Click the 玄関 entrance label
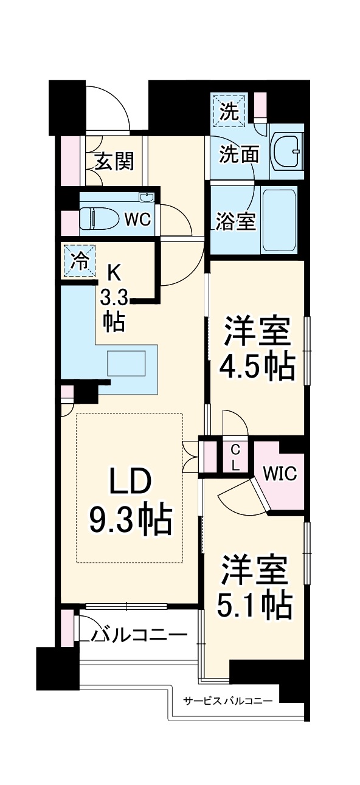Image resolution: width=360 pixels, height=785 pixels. (x=114, y=162)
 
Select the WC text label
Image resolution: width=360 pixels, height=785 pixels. (x=137, y=220)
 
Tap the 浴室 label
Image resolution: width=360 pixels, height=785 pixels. (x=235, y=222)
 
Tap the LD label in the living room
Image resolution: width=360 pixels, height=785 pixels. (x=129, y=483)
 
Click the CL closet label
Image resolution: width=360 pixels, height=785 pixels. (x=235, y=457)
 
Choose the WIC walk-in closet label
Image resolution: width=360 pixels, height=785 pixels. (x=280, y=474)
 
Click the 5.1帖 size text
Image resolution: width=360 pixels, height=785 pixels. (x=254, y=603)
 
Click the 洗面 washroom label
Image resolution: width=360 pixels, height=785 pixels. (x=239, y=155)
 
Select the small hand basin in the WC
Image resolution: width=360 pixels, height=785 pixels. (x=146, y=198)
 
